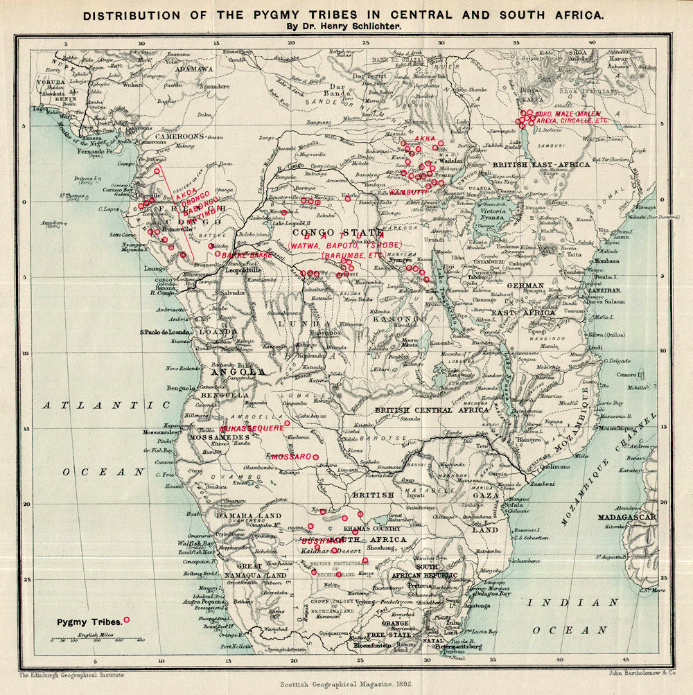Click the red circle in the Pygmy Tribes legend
[x=126, y=619]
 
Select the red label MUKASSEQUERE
[x=252, y=429]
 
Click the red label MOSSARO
[x=291, y=457]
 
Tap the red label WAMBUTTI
[x=407, y=191]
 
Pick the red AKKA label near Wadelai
[x=423, y=139]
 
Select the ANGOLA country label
[x=238, y=371]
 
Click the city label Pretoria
[x=419, y=586]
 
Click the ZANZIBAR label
[x=603, y=291]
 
